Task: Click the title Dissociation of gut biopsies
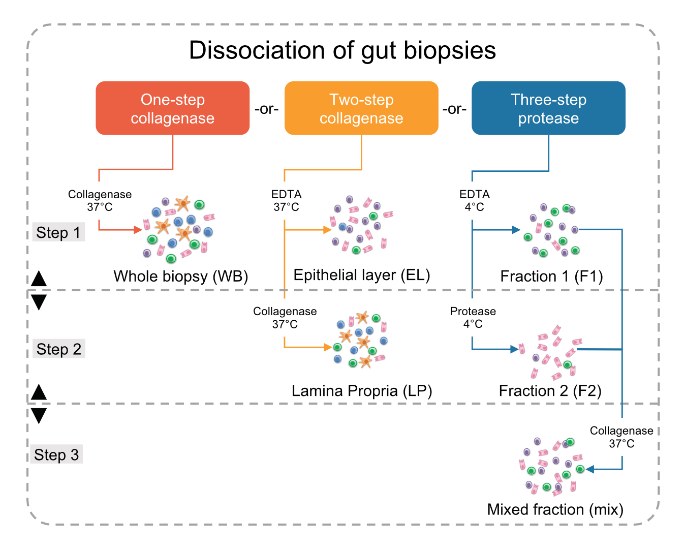tap(342, 50)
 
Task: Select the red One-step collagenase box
tap(173, 108)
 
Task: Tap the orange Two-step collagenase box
tap(361, 108)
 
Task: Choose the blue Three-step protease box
tap(548, 108)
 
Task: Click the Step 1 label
tap(58, 232)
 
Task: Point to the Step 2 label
tap(58, 349)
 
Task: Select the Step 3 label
tap(56, 454)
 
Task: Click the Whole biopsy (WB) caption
tap(180, 276)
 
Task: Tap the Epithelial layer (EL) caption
tap(361, 275)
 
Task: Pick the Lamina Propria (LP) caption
tap(361, 390)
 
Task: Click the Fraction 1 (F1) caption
tap(551, 276)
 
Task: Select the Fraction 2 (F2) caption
tap(550, 390)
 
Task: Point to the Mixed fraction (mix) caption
tap(555, 509)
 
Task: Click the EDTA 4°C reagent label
tap(474, 201)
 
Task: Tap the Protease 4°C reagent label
tap(473, 318)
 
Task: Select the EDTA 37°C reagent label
tap(286, 201)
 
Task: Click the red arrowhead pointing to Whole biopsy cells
tap(138, 230)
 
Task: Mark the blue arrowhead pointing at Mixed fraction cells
tap(590, 469)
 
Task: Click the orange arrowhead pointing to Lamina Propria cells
tap(328, 347)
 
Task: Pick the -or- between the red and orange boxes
tap(267, 109)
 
